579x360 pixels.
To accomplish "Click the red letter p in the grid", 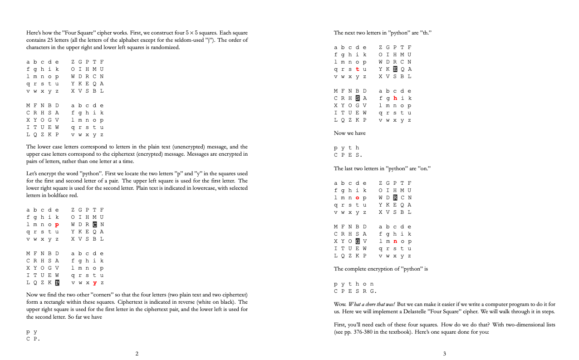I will pyautogui.click(x=57, y=224).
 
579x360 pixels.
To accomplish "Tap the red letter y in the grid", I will pyautogui.click(x=94, y=282).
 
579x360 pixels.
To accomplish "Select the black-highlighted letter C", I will pyautogui.click(x=94, y=224).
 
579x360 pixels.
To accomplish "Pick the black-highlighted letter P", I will pyautogui.click(x=57, y=282).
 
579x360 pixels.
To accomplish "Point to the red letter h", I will pyautogui.click(x=395, y=98).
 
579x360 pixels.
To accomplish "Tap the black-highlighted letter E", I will pyautogui.click(x=395, y=69).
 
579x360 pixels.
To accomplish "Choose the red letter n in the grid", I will pyautogui.click(x=395, y=241).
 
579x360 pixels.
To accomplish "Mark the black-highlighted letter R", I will pyautogui.click(x=395, y=197).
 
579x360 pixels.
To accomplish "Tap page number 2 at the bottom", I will pyautogui.click(x=137, y=353).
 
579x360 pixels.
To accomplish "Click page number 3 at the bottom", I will pyautogui.click(x=444, y=353).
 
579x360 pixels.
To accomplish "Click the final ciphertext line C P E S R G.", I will pyautogui.click(x=355, y=291).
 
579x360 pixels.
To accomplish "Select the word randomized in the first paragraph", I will pyautogui.click(x=166, y=47).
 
